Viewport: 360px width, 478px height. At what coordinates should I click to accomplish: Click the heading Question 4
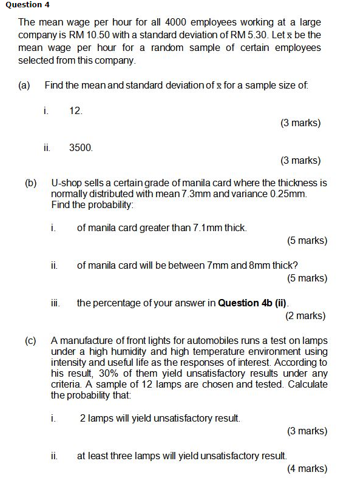(28, 5)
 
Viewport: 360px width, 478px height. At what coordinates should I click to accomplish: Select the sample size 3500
(81, 147)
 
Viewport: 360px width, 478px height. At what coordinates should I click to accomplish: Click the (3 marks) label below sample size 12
(301, 123)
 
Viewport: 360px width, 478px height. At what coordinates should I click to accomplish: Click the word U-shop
(66, 183)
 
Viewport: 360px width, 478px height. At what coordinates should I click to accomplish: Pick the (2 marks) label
(305, 315)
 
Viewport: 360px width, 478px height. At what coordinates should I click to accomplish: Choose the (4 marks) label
(307, 468)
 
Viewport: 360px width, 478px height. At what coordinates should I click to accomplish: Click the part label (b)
(30, 183)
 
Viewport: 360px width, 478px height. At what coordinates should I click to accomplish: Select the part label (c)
(30, 340)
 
